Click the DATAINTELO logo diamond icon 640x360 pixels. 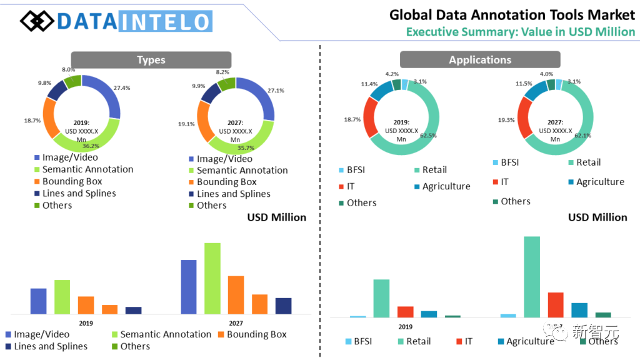coord(37,21)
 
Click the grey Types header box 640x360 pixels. coord(151,60)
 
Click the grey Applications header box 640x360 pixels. coord(480,60)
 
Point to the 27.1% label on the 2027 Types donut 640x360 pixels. coord(276,91)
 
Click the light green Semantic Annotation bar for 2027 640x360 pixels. coord(212,278)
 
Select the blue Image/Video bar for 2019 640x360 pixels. coord(39,301)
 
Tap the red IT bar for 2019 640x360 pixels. coord(406,311)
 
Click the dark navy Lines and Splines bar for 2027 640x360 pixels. coord(283,306)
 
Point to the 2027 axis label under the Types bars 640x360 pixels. coord(236,323)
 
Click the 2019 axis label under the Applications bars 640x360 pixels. coord(405,327)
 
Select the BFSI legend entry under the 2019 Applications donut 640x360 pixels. coord(356,169)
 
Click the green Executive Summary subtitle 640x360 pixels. coord(520,32)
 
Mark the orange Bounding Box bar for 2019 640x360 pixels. coord(86,305)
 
